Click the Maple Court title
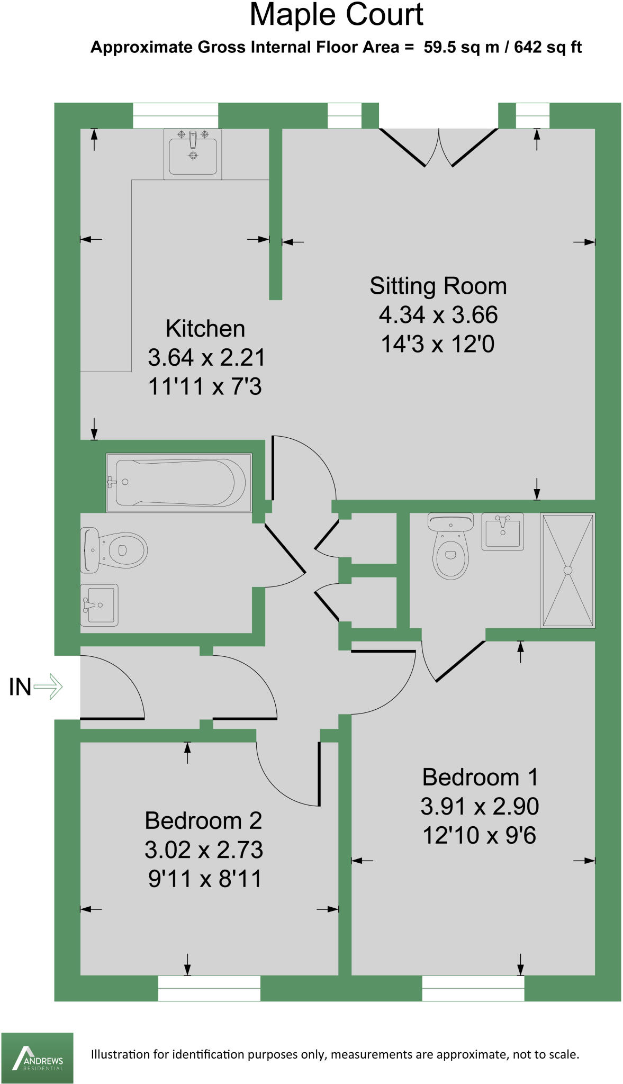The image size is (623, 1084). [x=336, y=15]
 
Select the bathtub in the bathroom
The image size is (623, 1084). [x=179, y=482]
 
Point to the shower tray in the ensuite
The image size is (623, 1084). [x=567, y=570]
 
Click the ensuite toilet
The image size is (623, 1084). [x=450, y=548]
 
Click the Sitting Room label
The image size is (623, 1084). [x=438, y=286]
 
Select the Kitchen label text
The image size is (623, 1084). [x=205, y=329]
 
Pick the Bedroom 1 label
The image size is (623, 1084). [x=480, y=778]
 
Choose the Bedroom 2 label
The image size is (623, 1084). [x=203, y=821]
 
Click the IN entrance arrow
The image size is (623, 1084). [x=48, y=687]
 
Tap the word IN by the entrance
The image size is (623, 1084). [x=20, y=687]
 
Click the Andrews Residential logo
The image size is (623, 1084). [x=37, y=1058]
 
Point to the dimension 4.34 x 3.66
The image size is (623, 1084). [x=438, y=315]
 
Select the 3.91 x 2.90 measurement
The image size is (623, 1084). [x=480, y=807]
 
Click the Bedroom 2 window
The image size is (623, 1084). [x=209, y=988]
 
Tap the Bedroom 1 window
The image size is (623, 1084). [x=473, y=988]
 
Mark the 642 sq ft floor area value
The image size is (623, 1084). [x=548, y=47]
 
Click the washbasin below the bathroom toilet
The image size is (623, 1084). [x=99, y=605]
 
